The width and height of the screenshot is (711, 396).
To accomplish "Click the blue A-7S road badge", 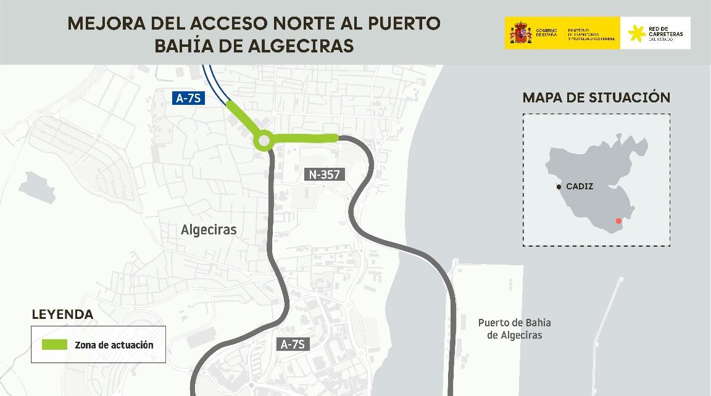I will tap(188, 97).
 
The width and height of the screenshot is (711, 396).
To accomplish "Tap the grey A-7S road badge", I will tap(293, 344).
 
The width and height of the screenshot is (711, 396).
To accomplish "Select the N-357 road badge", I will tap(325, 175).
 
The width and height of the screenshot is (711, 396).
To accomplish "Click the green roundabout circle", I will tap(264, 141).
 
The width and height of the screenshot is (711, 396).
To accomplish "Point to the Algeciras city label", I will tap(209, 230).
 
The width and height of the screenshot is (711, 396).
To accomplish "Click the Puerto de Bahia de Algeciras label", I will tap(514, 329).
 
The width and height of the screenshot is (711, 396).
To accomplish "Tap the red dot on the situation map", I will tap(618, 221).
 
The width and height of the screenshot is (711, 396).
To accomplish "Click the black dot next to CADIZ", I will tap(559, 186).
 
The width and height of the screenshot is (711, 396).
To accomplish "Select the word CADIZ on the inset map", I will tap(580, 186).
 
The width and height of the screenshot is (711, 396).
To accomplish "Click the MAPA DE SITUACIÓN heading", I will tap(596, 97).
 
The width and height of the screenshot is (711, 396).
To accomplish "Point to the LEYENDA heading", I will tap(62, 315).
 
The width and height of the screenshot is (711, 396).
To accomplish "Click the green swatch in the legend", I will tap(54, 345).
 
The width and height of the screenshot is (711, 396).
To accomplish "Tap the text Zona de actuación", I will tap(114, 345).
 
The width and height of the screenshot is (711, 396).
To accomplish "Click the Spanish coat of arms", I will tap(520, 33).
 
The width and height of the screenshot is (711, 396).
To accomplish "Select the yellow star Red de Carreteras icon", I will tap(636, 33).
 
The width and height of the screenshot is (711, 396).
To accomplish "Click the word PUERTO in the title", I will tap(405, 23).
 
